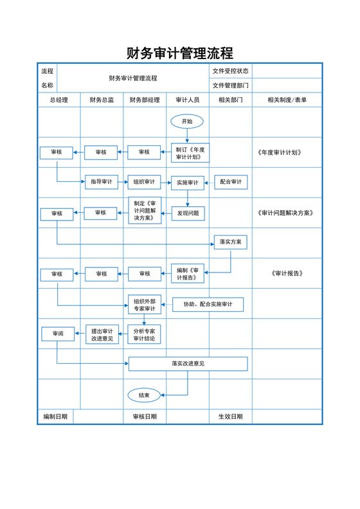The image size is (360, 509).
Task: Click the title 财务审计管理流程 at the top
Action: pos(179,53)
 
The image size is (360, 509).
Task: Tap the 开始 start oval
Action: pos(187,121)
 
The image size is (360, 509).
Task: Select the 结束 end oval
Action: pos(144,395)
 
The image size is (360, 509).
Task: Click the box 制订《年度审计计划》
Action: pos(190,152)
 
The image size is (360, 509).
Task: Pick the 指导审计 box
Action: pos(102,182)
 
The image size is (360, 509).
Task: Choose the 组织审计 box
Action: pos(144,182)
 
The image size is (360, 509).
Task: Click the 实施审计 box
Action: pos(187,183)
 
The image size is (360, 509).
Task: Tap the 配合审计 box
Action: pos(231,182)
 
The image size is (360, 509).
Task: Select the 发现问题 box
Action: pos(188,213)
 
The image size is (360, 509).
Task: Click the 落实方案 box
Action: pos(230,242)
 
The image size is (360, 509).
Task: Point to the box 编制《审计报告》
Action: pos(188,274)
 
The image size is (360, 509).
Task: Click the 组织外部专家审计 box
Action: pos(144,304)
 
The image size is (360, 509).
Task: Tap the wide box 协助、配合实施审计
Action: pos(208,304)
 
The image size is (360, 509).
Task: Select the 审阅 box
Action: pos(58,334)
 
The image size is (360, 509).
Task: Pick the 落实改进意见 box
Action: pos(188,364)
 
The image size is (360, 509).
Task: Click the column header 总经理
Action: pos(59,100)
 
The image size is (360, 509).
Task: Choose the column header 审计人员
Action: pos(188,100)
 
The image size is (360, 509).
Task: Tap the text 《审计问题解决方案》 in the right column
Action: pos(285,213)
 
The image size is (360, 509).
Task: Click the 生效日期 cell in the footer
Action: pos(230,416)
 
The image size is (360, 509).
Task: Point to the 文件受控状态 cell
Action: pos(230,71)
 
